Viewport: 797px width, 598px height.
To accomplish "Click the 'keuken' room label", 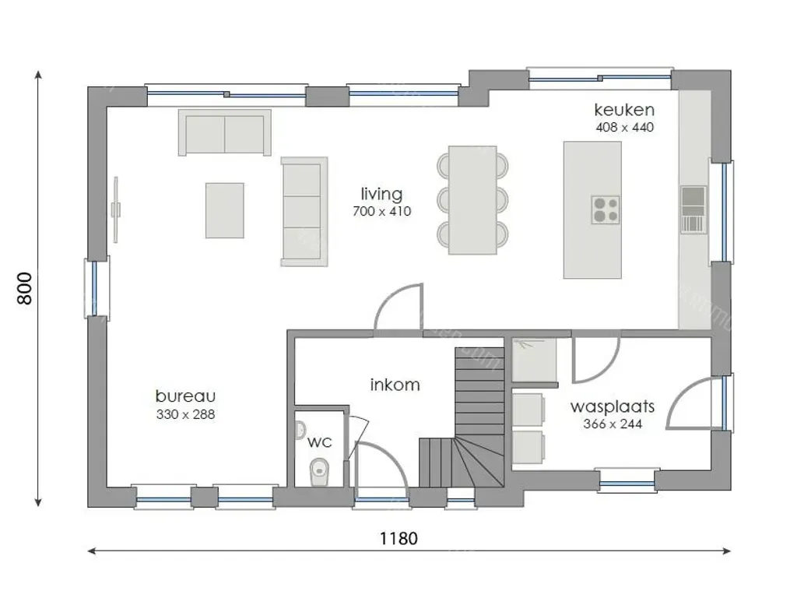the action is pos(624,110).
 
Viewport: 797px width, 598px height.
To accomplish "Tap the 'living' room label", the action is pos(381,194).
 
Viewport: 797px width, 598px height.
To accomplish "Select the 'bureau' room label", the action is pos(185,396).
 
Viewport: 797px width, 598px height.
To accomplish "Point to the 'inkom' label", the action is pos(395,385).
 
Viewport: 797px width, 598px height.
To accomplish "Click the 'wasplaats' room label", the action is pos(613,406).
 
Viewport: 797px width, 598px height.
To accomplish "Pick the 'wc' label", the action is pos(320,442).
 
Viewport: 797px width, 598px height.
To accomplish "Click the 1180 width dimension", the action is pos(399,539).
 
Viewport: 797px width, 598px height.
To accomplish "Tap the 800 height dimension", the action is pos(24,288).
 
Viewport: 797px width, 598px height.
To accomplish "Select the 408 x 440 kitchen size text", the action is pos(625,127).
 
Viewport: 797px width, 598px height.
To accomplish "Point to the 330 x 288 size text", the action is pos(185,414).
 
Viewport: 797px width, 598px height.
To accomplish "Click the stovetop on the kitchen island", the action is pos(606,209).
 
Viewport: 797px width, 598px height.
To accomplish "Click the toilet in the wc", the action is pos(318,472).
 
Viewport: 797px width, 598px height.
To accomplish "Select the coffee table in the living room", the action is pos(225,210).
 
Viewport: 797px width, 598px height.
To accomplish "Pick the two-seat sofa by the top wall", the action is pos(225,132).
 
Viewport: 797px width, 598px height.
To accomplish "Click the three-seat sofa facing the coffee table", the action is pos(304,212).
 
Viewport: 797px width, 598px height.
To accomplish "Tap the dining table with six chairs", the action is pos(472,200).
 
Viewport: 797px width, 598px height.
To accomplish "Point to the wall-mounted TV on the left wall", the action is pos(116,209).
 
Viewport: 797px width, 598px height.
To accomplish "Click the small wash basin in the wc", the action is pos(300,430).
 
